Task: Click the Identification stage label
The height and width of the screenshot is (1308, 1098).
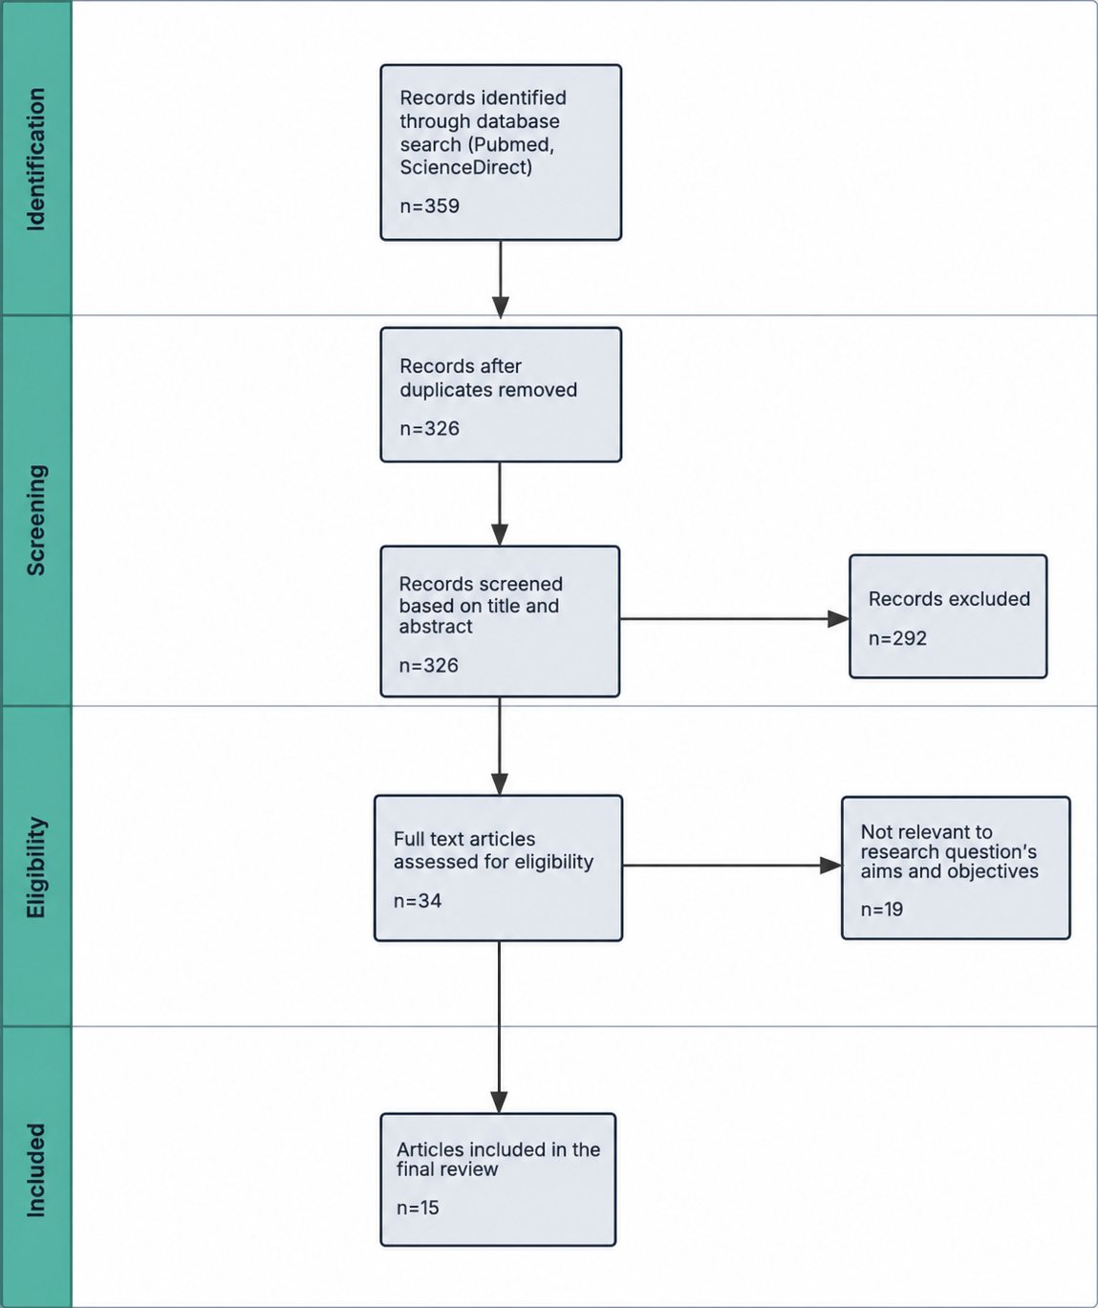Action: pyautogui.click(x=35, y=160)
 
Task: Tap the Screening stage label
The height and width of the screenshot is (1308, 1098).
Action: pyautogui.click(x=35, y=520)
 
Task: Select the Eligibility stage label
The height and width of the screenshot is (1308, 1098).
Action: pyautogui.click(x=35, y=868)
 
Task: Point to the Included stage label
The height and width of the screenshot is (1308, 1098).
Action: pyautogui.click(x=35, y=1170)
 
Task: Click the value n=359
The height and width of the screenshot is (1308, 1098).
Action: pyautogui.click(x=430, y=206)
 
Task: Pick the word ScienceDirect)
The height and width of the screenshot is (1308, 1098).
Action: pyautogui.click(x=465, y=167)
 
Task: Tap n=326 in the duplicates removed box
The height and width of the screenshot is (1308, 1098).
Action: pyautogui.click(x=430, y=428)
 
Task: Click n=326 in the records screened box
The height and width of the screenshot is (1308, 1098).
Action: pyautogui.click(x=429, y=665)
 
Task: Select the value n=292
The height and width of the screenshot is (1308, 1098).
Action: pyautogui.click(x=897, y=638)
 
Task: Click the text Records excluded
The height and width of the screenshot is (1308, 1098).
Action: pyautogui.click(x=950, y=599)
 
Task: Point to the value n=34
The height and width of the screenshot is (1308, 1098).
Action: pyautogui.click(x=418, y=901)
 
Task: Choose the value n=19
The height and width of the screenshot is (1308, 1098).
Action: pyautogui.click(x=882, y=909)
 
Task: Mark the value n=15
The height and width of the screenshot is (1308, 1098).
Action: pyautogui.click(x=418, y=1208)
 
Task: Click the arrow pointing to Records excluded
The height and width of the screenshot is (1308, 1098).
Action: pyautogui.click(x=735, y=619)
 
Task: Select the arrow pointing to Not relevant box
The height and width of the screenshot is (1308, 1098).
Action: pyautogui.click(x=732, y=866)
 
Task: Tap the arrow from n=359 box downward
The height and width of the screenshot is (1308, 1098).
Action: pyautogui.click(x=500, y=279)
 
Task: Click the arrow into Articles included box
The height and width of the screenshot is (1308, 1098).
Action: pyautogui.click(x=499, y=1027)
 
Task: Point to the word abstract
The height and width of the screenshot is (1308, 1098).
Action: pyautogui.click(x=436, y=627)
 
